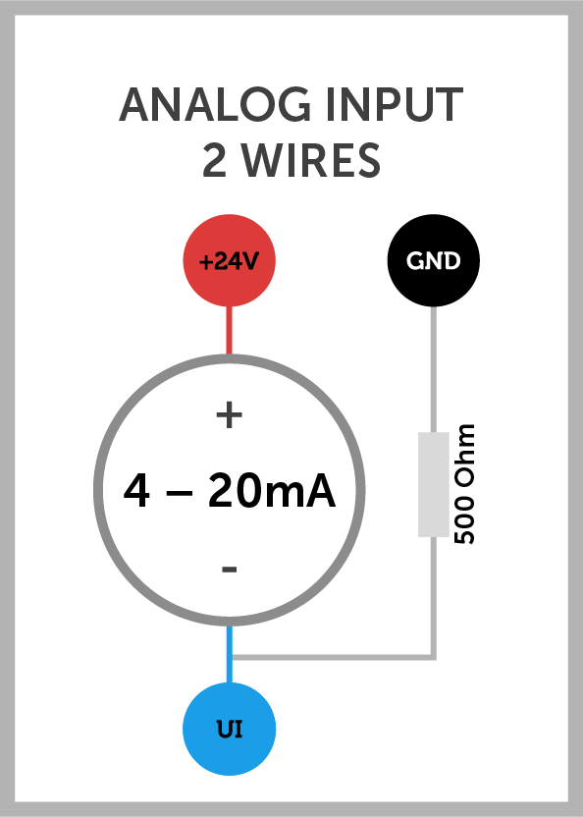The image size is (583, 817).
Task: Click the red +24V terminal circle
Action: (x=230, y=260)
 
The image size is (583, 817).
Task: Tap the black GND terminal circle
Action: (x=434, y=260)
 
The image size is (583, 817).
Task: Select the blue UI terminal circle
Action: (x=230, y=729)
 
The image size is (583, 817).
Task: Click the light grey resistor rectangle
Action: (x=434, y=484)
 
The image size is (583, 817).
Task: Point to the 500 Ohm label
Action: (x=464, y=484)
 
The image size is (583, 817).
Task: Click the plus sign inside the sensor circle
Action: (x=230, y=415)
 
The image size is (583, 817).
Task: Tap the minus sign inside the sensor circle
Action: (x=230, y=569)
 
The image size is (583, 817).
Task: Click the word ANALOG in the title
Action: (x=215, y=105)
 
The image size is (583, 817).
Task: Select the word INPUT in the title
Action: (x=395, y=105)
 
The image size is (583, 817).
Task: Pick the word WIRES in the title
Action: (x=312, y=160)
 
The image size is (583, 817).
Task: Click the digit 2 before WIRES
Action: (x=214, y=160)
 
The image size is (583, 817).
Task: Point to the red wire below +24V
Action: (x=230, y=330)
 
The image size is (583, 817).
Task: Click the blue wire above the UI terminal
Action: (x=230, y=654)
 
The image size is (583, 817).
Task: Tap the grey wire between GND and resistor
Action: (x=434, y=369)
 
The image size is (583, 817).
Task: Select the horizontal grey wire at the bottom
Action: (x=333, y=658)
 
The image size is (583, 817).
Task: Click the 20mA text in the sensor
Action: (x=272, y=491)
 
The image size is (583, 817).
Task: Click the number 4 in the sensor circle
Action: (x=136, y=491)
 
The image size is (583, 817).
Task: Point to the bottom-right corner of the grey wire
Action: (x=435, y=659)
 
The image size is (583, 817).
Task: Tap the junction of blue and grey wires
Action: (x=230, y=658)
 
